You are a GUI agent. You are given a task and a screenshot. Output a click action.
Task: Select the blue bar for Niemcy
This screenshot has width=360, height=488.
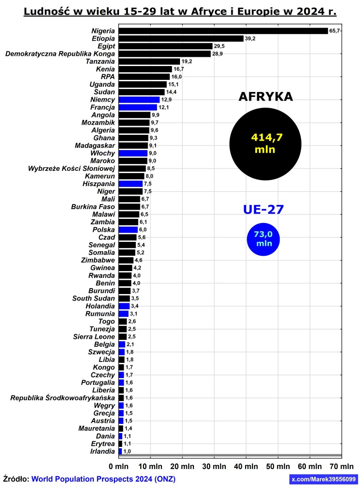coord(139,100)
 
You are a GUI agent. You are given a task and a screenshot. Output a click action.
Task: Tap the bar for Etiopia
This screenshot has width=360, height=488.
coord(181,39)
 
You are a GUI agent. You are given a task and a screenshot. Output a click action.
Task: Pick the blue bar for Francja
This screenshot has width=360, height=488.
coord(138,108)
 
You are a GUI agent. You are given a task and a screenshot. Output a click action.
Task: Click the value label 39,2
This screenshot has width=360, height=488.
coord(250,39)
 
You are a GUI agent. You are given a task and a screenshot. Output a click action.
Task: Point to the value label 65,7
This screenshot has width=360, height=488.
coord(335,31)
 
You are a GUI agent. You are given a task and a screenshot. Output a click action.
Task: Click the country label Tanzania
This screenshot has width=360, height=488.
coord(100,61)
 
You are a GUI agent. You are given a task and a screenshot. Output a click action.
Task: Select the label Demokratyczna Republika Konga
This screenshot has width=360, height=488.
coord(60,54)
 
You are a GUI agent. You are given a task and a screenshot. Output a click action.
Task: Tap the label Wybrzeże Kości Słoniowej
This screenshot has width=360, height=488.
coord(72,169)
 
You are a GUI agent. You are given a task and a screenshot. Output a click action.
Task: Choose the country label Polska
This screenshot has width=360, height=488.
coord(103,229)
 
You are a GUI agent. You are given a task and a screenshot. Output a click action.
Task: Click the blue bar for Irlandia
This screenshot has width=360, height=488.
coord(120,451)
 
